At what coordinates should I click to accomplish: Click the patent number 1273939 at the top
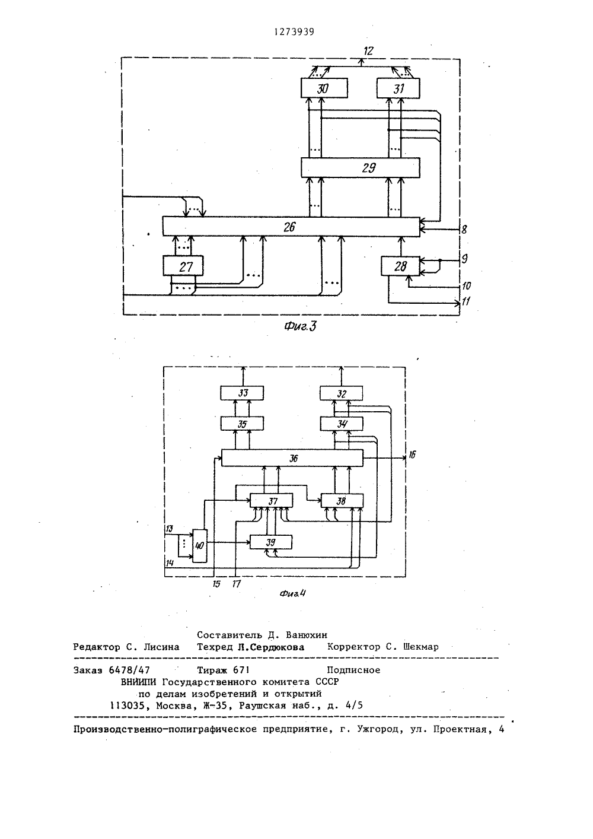click(294, 32)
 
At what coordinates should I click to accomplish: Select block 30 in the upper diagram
click(324, 88)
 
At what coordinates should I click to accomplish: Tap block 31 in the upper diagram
click(398, 88)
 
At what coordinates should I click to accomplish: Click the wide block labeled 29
click(361, 167)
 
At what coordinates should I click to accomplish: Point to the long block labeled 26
click(291, 227)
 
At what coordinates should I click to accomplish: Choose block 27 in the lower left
click(183, 266)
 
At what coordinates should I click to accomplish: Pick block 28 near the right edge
click(400, 266)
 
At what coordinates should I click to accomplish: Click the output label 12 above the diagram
click(369, 51)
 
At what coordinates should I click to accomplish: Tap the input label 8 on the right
click(464, 229)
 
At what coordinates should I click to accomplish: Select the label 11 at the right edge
click(466, 301)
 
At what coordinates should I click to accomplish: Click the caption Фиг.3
click(300, 326)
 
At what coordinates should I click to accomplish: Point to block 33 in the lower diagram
click(242, 393)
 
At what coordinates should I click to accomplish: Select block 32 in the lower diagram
click(341, 393)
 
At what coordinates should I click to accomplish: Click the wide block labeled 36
click(292, 457)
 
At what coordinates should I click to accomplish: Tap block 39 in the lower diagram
click(271, 542)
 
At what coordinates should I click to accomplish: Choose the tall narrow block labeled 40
click(199, 545)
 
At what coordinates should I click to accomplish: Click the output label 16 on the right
click(412, 455)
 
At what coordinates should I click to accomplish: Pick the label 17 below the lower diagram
click(236, 583)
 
